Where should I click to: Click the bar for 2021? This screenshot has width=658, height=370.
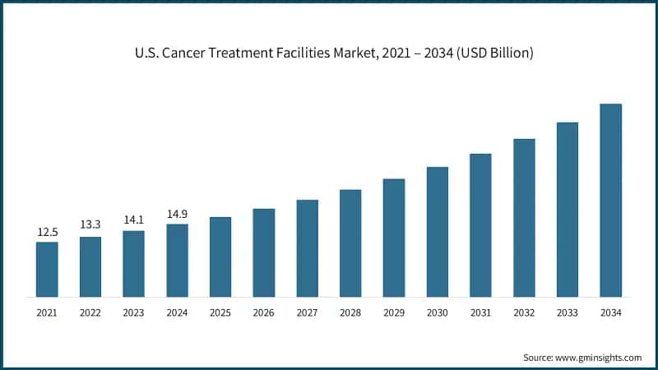tap(47, 269)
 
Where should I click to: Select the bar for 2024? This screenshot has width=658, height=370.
tap(177, 260)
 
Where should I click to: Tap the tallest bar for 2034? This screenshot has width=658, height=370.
tap(610, 200)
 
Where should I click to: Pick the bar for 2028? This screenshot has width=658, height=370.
tap(350, 243)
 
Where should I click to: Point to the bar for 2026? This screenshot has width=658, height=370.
tap(263, 252)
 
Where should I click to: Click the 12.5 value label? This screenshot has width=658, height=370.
tap(47, 233)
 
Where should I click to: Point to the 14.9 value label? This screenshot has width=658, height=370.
tap(177, 215)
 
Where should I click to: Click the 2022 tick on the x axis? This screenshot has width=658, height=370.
tap(90, 312)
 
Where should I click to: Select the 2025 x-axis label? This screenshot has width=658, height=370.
tap(220, 312)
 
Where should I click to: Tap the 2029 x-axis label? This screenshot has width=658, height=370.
tap(394, 312)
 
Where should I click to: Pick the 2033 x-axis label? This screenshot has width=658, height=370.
tap(568, 312)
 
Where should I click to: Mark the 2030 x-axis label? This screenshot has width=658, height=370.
tap(437, 312)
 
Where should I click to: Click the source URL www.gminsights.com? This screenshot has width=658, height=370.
tap(600, 358)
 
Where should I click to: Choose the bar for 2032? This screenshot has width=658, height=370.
tap(524, 217)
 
